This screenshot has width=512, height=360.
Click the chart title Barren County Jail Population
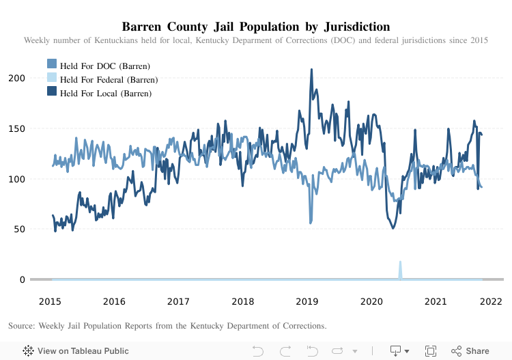point(255,27)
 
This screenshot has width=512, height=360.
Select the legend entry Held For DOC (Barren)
point(104,66)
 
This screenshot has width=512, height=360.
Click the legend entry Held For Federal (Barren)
point(109,79)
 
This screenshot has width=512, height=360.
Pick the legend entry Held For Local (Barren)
point(106,93)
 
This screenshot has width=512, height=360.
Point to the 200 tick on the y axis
point(17,78)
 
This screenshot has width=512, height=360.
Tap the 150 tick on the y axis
point(17,128)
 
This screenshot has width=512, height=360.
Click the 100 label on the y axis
point(17,179)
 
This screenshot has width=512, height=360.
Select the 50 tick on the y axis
point(20,229)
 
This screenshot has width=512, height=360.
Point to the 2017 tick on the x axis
point(179,301)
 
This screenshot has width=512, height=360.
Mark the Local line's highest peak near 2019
point(311,70)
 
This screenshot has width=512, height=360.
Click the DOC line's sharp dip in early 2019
point(311,222)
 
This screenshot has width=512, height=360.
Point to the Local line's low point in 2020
point(393,227)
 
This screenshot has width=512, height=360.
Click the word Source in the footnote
point(23,325)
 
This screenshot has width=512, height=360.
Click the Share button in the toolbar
point(470,350)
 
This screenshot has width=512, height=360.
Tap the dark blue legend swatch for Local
point(52,92)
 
